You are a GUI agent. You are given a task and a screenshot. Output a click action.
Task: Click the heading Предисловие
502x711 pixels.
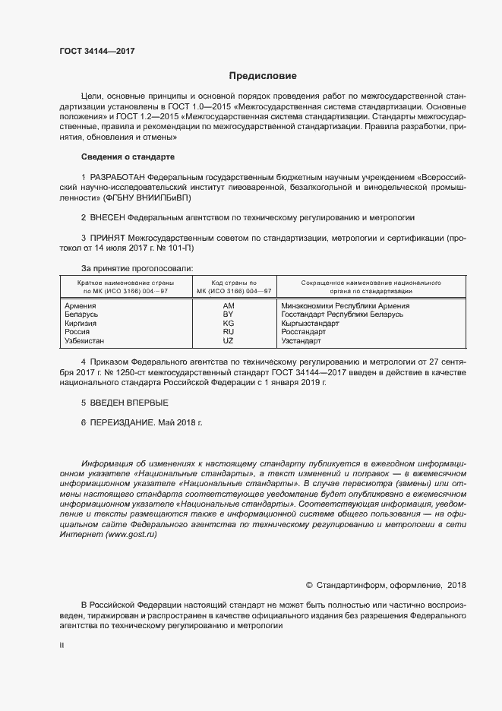click(263, 76)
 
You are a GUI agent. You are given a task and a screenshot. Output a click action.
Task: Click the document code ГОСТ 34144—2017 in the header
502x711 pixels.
click(97, 52)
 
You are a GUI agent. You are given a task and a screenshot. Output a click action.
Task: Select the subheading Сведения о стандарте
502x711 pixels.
click(128, 156)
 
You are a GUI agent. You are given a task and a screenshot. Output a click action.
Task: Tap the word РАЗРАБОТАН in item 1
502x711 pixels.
click(119, 177)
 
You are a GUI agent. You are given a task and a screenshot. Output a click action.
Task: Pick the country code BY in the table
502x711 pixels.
click(228, 314)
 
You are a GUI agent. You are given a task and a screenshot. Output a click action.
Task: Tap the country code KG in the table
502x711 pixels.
click(228, 323)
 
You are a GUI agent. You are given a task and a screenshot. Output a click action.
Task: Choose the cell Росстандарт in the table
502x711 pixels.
click(303, 332)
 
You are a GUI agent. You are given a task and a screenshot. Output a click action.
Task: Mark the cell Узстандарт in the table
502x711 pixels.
click(302, 341)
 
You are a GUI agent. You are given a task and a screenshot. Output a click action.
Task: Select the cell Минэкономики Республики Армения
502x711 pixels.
click(345, 305)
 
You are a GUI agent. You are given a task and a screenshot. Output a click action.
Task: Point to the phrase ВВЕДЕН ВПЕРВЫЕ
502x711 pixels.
click(125, 402)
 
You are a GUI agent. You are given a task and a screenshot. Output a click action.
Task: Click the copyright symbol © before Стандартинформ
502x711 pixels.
click(309, 585)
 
